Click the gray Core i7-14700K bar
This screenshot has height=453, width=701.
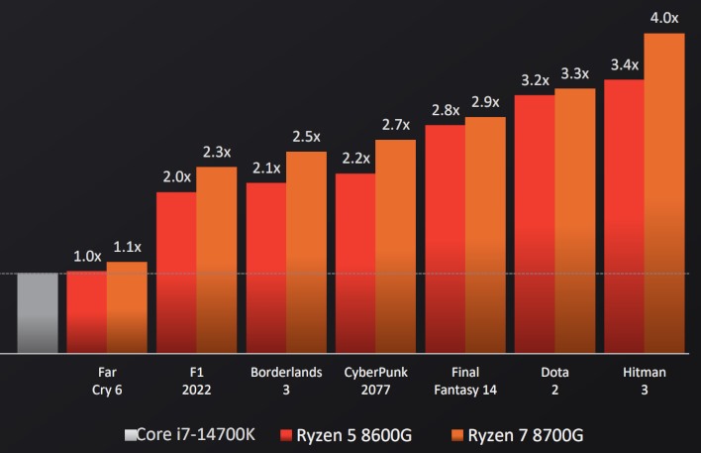[38, 312]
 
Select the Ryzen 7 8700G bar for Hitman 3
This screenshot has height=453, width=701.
[663, 193]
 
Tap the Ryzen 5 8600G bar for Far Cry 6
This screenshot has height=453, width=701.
[86, 312]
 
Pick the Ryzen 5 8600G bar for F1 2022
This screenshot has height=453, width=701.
[176, 273]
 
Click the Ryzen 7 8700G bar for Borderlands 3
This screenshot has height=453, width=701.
[306, 252]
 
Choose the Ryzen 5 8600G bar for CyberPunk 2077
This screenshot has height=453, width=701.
[355, 263]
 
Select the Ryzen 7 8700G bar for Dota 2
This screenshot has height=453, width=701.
[574, 220]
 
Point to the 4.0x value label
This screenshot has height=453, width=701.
[663, 18]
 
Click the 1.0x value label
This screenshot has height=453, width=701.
[87, 256]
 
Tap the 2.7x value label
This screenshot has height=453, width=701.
[395, 125]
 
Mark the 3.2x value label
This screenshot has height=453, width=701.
[535, 80]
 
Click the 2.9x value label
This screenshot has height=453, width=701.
[485, 102]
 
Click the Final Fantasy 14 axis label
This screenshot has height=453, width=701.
[465, 381]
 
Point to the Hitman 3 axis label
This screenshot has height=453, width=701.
[645, 381]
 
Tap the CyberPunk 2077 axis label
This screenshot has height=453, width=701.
[375, 381]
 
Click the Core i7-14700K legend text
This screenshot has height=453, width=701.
[204, 434]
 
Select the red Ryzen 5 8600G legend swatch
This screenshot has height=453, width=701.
[286, 435]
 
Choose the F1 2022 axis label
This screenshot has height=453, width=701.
[196, 381]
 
